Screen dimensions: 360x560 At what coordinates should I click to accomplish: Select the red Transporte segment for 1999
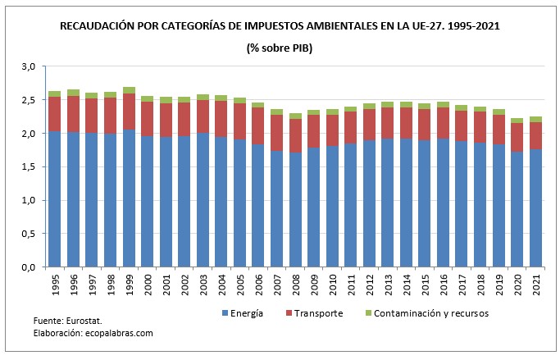tap(129, 112)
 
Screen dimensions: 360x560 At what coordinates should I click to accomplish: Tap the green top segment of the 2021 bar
tap(536, 119)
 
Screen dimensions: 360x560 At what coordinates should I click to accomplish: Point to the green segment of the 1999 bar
tap(129, 90)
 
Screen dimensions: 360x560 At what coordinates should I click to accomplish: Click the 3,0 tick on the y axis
tap(28, 66)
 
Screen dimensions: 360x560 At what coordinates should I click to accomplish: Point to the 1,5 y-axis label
tap(28, 166)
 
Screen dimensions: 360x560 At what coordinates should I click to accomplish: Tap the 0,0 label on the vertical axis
tap(28, 267)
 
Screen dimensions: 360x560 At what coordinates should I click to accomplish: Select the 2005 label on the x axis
tap(240, 284)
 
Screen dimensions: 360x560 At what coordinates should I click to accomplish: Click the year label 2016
tap(444, 284)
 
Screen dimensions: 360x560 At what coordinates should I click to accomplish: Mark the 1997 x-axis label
tap(92, 284)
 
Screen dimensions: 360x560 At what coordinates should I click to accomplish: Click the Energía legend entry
tap(247, 313)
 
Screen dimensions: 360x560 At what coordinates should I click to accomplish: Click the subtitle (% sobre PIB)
tap(280, 48)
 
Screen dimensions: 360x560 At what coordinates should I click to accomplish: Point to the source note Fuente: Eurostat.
tap(67, 321)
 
